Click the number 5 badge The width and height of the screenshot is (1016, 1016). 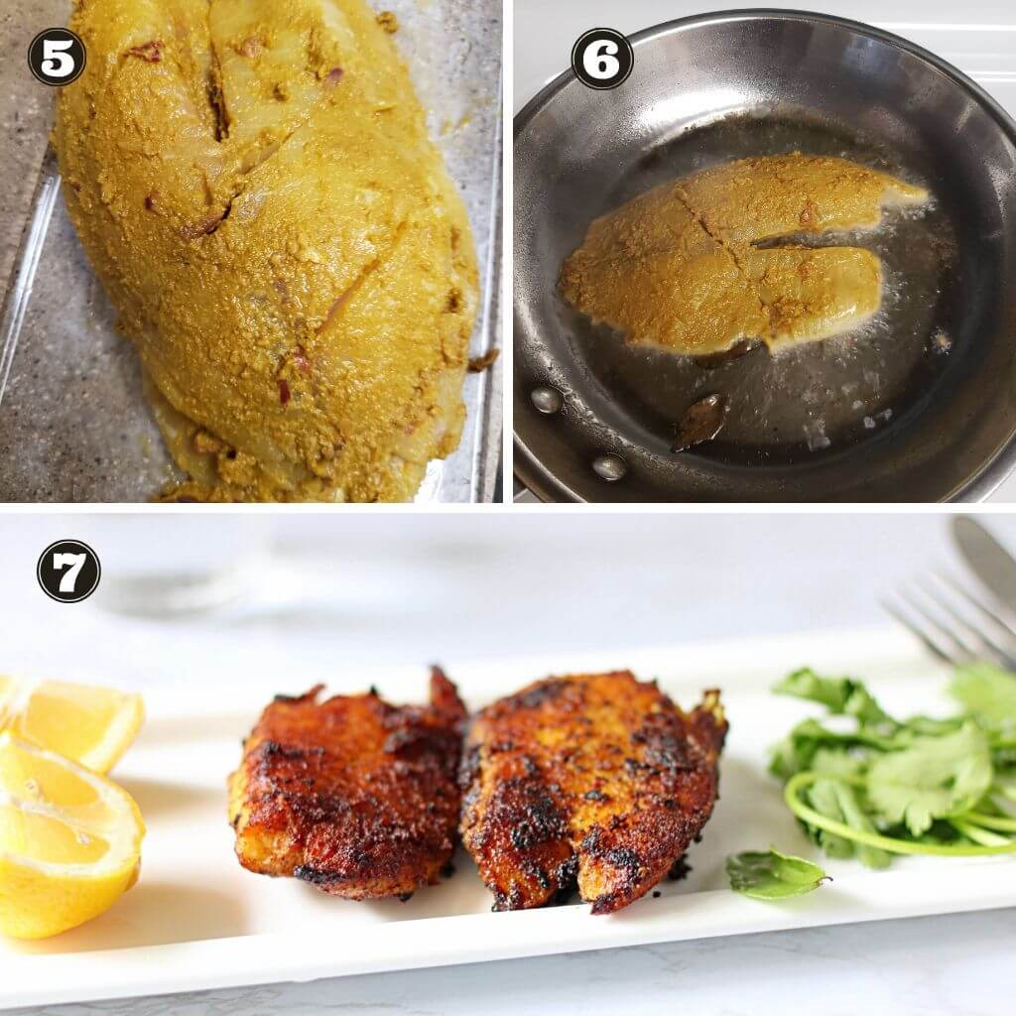tap(57, 57)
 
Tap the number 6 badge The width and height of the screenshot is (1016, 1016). tap(602, 59)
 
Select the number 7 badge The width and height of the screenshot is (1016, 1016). tap(68, 571)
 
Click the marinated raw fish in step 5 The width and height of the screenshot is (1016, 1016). tap(266, 253)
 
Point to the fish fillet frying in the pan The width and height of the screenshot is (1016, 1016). tap(738, 256)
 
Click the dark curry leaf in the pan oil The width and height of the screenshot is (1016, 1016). tap(698, 421)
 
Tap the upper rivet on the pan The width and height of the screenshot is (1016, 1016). tap(547, 400)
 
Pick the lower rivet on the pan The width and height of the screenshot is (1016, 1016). tap(609, 467)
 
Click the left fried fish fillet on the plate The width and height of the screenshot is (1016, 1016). tap(348, 784)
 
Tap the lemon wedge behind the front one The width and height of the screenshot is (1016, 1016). tap(74, 719)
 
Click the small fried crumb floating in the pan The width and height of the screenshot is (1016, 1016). tap(941, 341)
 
